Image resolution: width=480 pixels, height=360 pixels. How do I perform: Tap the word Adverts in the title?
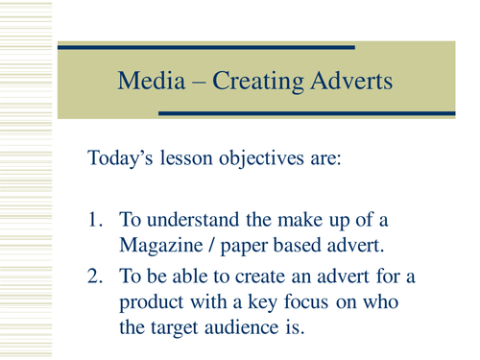[354, 82]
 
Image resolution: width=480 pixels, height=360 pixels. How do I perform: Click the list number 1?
[95, 224]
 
